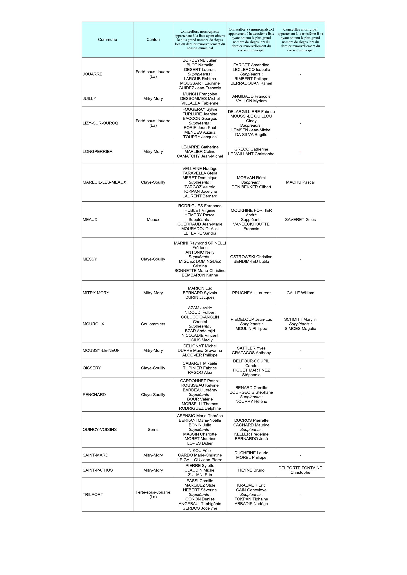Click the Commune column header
(x=107, y=40)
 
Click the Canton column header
(x=153, y=40)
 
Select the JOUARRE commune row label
(x=92, y=74)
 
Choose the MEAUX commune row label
(x=90, y=220)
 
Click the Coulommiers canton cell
(x=153, y=324)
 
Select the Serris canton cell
(x=153, y=429)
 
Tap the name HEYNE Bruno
(x=251, y=470)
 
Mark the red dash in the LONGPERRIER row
(x=300, y=152)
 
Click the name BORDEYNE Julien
(x=200, y=60)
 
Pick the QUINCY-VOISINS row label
(x=100, y=429)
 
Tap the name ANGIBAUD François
(x=251, y=96)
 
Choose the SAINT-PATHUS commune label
(x=98, y=470)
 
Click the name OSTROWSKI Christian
(x=251, y=257)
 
